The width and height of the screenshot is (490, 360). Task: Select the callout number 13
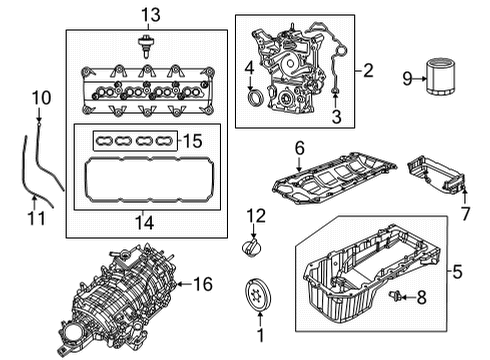150,14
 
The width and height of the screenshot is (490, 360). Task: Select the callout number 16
202,285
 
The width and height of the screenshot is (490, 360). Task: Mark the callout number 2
369,70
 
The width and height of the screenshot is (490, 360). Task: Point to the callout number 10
40,97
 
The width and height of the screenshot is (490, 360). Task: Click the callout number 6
298,149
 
